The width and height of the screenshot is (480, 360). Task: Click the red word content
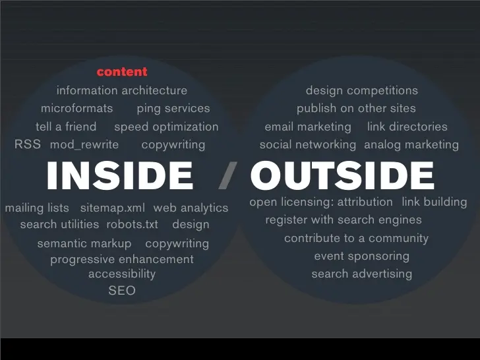122,72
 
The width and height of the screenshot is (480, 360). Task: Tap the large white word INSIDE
120,175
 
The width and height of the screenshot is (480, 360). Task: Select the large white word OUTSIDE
342,175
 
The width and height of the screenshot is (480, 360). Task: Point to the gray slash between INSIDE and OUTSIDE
227,175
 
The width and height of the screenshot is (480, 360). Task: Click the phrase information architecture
122,90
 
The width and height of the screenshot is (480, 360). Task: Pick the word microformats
77,108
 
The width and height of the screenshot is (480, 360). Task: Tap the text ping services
173,109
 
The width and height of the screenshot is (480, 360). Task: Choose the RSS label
28,144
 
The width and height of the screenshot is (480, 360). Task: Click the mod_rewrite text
84,144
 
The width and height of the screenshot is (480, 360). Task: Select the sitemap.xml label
112,208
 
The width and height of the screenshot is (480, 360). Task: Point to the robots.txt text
133,224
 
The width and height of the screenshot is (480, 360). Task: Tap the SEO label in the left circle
122,291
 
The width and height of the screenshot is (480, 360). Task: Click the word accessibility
122,274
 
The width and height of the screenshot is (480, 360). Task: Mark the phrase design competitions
362,90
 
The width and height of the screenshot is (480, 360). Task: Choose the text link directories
407,127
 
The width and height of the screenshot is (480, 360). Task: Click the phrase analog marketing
411,145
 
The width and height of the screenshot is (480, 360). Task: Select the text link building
435,202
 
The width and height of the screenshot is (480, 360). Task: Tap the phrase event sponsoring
361,256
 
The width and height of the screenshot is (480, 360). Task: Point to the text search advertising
361,274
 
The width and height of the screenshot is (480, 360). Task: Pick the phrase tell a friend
66,127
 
